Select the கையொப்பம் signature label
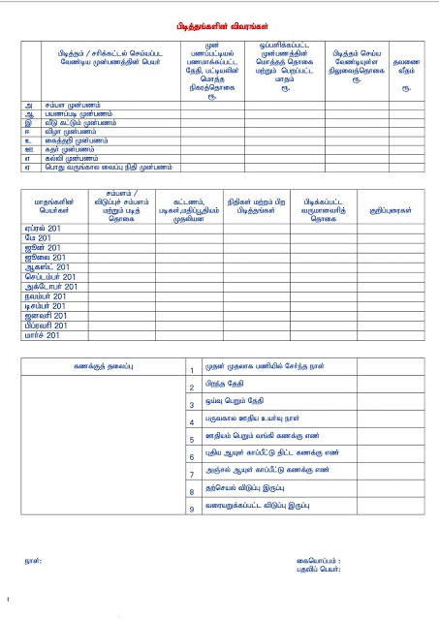coord(319,561)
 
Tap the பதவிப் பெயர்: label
coord(322,570)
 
